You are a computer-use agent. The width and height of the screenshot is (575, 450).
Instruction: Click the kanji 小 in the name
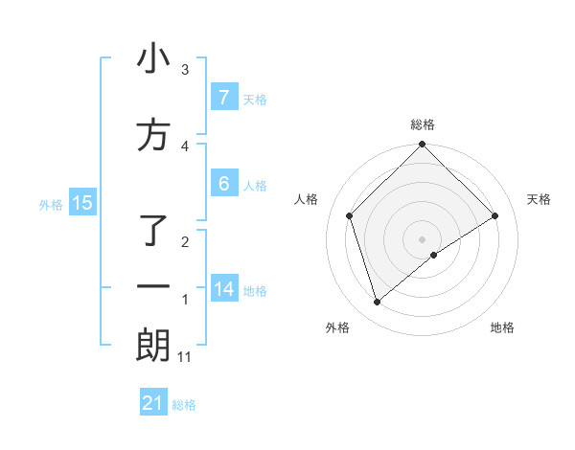point(153,59)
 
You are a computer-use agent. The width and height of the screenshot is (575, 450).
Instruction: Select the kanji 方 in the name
point(153,135)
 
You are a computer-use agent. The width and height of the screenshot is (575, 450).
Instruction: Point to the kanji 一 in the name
point(153,287)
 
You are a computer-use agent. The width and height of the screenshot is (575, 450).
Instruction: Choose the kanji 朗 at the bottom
point(153,346)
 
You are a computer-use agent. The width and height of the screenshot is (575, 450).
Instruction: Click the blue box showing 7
point(223,98)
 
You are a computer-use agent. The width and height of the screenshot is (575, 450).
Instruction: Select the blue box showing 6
point(223,184)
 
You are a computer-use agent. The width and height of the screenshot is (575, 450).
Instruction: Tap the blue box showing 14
point(223,289)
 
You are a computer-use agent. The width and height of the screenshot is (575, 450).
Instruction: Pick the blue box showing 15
point(82,203)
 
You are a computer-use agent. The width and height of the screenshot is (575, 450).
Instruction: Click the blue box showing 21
point(153,403)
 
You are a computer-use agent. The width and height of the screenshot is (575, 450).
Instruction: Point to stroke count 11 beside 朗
point(185,357)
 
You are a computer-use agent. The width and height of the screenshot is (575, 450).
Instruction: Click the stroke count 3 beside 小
point(185,70)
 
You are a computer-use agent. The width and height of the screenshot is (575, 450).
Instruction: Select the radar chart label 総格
point(422,124)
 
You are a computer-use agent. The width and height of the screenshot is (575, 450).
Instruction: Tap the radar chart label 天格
point(539,199)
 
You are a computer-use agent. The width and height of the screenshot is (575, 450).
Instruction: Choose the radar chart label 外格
point(337,327)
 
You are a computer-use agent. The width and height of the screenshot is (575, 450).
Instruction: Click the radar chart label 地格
point(502,327)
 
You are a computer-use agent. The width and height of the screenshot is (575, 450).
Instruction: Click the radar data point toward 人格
point(350,215)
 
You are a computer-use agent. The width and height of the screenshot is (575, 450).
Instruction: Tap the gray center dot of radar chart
point(422,238)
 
